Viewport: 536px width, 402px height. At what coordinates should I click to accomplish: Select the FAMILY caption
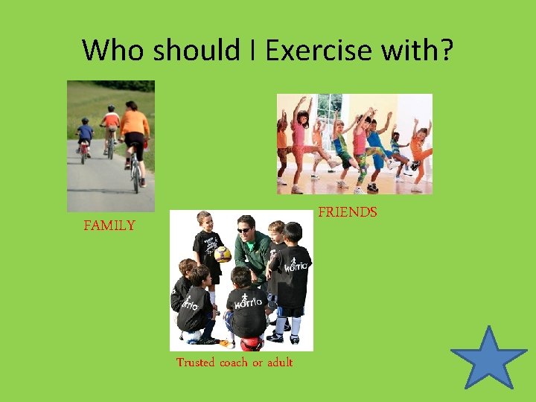(x=109, y=226)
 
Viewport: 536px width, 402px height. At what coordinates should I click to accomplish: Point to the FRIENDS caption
(x=348, y=213)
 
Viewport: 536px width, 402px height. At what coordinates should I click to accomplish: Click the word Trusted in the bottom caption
(x=196, y=363)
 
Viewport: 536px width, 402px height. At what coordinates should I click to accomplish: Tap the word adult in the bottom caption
(x=280, y=363)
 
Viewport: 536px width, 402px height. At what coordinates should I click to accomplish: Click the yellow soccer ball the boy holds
(x=223, y=254)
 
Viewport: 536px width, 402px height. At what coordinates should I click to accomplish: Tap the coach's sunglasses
(x=244, y=229)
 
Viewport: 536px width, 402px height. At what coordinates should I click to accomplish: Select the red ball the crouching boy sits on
(x=251, y=343)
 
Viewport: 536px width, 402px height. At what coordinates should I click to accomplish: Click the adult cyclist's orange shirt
(x=135, y=121)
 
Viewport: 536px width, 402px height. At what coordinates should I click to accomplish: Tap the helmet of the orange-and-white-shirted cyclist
(x=111, y=109)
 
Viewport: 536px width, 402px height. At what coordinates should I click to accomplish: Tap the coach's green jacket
(x=253, y=253)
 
